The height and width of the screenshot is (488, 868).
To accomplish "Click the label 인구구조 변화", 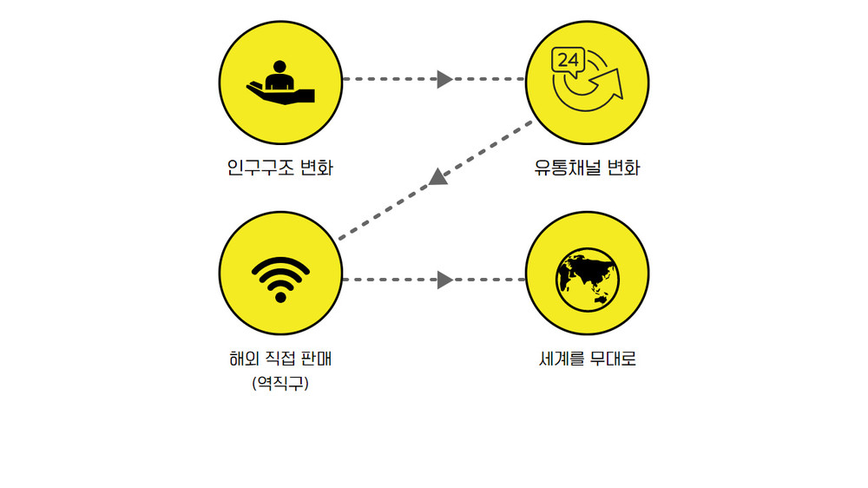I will coord(279,167).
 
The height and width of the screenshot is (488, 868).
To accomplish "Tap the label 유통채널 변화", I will coord(588,167).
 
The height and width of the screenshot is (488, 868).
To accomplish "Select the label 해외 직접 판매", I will coord(279,358).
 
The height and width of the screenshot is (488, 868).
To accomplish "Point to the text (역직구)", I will coord(279,382).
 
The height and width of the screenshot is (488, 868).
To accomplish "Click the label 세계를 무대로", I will coord(588,358).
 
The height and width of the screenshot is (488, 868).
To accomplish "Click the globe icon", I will coord(588,280).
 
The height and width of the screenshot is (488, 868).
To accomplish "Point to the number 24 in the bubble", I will coord(568,61).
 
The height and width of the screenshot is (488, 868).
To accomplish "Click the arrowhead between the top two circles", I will coord(444,79).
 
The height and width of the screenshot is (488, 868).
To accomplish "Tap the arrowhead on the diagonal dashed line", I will coord(438,177).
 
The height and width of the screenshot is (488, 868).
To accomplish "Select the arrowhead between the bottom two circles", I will coord(444,280).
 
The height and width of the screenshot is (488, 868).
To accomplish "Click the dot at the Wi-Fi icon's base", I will coord(279,297).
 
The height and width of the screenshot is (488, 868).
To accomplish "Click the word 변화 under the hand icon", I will coord(315,167).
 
